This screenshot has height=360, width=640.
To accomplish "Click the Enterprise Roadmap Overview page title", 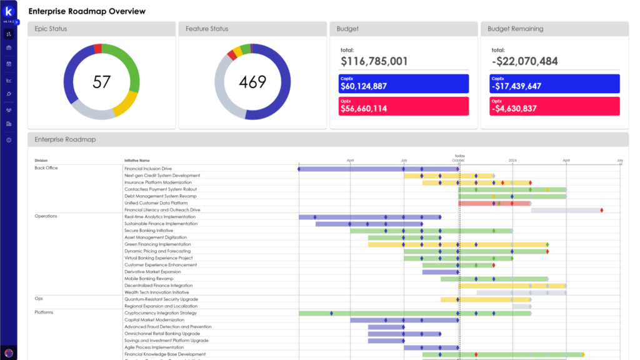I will point(87,11).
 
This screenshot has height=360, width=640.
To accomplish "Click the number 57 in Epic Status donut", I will point(102,81).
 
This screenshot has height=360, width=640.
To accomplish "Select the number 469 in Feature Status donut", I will point(252,81).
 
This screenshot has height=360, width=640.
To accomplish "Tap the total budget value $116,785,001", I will point(374,61).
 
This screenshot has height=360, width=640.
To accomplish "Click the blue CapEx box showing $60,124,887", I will point(404,84).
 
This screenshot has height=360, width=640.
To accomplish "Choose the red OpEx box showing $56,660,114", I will point(404,106).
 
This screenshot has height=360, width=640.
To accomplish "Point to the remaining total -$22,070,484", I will point(524,61).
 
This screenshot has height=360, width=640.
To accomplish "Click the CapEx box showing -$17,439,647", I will point(554,84).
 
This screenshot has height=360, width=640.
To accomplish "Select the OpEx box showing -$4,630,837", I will point(554,106).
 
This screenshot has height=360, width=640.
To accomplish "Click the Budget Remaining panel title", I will point(515,29).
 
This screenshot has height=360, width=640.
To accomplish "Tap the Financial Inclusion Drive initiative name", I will point(147,169).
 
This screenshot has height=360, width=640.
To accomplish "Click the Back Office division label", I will point(46,168).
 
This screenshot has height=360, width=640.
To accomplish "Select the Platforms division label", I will point(44,312).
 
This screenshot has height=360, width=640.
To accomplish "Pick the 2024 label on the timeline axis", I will point(512,161).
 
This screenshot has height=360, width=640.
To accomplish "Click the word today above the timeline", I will point(460,156).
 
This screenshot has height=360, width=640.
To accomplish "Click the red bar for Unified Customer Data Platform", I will point(475,203).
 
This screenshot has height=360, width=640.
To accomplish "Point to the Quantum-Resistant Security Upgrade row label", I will point(161,299).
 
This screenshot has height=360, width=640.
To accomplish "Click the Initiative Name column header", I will point(137,161).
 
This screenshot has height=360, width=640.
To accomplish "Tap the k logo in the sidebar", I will point(9,12).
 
